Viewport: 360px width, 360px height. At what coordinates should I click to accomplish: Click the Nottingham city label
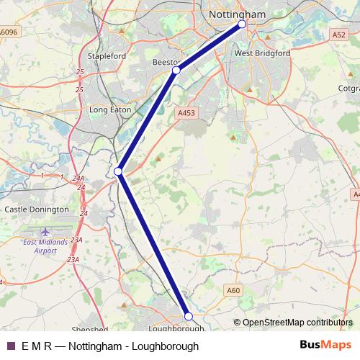tap(237, 14)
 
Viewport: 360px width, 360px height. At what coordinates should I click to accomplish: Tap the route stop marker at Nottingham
tap(242, 24)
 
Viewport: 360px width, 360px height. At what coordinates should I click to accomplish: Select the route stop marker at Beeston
tap(176, 71)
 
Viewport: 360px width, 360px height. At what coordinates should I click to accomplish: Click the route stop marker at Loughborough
tap(189, 316)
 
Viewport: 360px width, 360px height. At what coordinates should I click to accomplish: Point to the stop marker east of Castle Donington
tap(118, 171)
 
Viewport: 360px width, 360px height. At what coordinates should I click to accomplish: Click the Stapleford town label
tap(106, 55)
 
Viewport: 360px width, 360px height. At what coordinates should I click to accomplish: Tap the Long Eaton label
tap(108, 110)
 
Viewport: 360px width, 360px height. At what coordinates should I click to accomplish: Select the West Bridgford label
tap(262, 53)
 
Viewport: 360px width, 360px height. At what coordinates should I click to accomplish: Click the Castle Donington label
tap(37, 209)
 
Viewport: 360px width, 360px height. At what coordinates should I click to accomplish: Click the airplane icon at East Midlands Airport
tap(47, 231)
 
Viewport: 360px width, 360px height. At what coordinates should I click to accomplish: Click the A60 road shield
tap(233, 289)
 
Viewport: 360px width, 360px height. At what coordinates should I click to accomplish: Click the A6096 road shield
tap(9, 32)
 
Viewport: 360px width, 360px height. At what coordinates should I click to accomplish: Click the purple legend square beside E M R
tap(10, 346)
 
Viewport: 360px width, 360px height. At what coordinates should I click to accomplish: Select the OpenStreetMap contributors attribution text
tap(297, 322)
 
